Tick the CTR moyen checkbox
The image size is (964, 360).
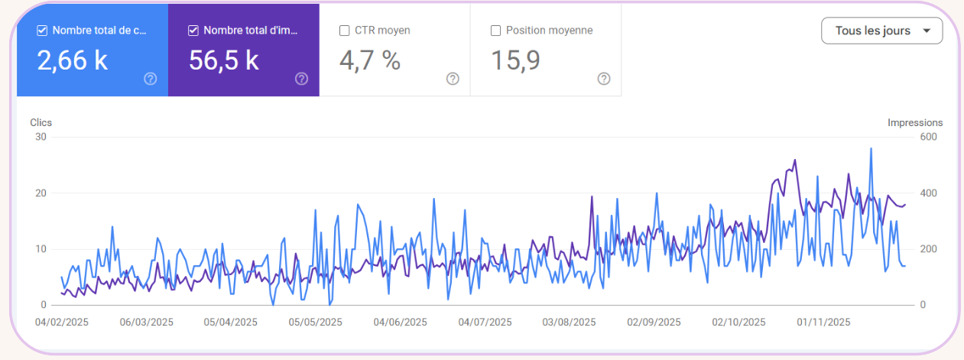345,31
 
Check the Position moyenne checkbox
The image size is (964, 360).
496,31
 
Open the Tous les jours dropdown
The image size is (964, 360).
881,31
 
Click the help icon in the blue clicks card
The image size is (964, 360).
151,79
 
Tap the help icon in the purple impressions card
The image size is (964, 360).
301,79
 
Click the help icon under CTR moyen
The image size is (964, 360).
453,79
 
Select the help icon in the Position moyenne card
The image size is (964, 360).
604,79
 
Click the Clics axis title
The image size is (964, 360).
41,122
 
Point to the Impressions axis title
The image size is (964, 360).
915,122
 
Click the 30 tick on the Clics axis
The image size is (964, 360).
41,138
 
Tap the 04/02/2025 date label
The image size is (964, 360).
62,322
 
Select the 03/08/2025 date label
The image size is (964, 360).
570,322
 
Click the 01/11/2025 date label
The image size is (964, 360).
823,322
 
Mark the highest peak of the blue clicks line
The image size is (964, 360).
871,148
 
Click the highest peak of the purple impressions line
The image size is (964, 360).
795,160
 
